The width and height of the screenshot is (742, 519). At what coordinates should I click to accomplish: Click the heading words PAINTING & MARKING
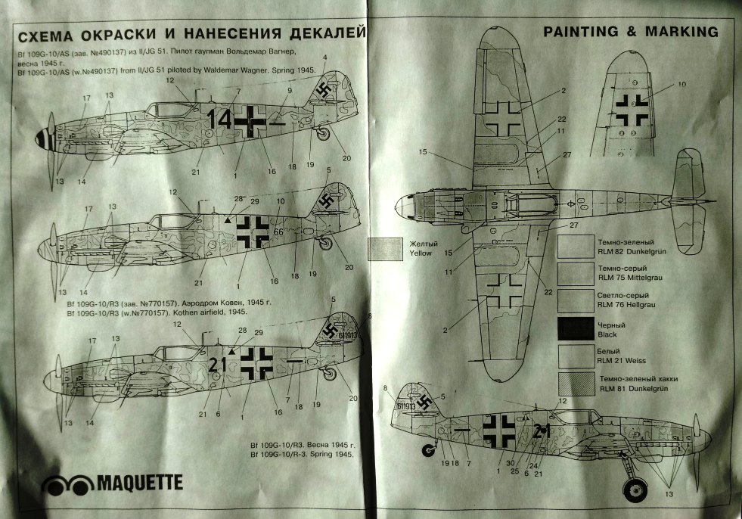coord(630,32)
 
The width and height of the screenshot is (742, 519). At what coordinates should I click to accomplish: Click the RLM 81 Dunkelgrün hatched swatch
coord(575,382)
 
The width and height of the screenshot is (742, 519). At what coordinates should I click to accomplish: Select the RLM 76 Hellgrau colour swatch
coord(575,300)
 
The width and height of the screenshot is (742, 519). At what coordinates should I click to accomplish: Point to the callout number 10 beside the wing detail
coord(682,84)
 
